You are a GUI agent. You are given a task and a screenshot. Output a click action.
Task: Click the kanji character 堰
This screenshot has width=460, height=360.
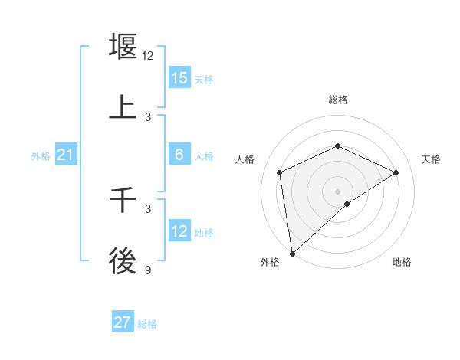click(x=123, y=47)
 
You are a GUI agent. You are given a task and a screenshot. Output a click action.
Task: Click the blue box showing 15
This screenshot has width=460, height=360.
click(x=179, y=78)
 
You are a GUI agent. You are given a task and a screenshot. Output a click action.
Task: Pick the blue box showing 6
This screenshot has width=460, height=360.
click(x=179, y=155)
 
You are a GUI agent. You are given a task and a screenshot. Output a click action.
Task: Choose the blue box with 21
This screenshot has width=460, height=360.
click(x=66, y=155)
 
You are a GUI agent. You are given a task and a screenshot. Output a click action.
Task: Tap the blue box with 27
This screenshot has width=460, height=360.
click(x=123, y=322)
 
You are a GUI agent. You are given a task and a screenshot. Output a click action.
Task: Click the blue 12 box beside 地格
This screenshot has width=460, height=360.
click(x=179, y=231)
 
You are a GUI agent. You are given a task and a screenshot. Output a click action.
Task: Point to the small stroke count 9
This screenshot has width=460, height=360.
click(x=148, y=270)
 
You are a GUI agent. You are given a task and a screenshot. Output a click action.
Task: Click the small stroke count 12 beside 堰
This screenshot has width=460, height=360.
click(x=148, y=56)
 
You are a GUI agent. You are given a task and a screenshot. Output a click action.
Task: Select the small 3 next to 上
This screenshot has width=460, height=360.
click(x=148, y=117)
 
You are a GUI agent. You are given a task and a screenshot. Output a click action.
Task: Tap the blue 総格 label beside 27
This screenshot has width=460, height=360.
click(x=147, y=324)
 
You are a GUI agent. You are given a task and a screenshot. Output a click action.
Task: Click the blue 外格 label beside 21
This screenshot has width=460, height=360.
click(x=41, y=156)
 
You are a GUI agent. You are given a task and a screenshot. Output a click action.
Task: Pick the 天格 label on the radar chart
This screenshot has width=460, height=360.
click(x=431, y=159)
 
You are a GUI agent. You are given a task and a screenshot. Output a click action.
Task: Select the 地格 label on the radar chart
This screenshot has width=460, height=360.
click(x=402, y=262)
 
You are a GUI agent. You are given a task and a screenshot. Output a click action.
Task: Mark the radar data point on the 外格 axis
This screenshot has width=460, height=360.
click(x=292, y=254)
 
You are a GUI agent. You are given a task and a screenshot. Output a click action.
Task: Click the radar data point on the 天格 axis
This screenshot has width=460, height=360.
click(x=396, y=172)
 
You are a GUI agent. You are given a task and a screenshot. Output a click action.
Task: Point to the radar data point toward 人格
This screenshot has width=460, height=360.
click(x=280, y=172)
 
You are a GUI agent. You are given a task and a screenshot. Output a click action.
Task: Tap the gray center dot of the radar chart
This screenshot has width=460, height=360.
click(x=337, y=191)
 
